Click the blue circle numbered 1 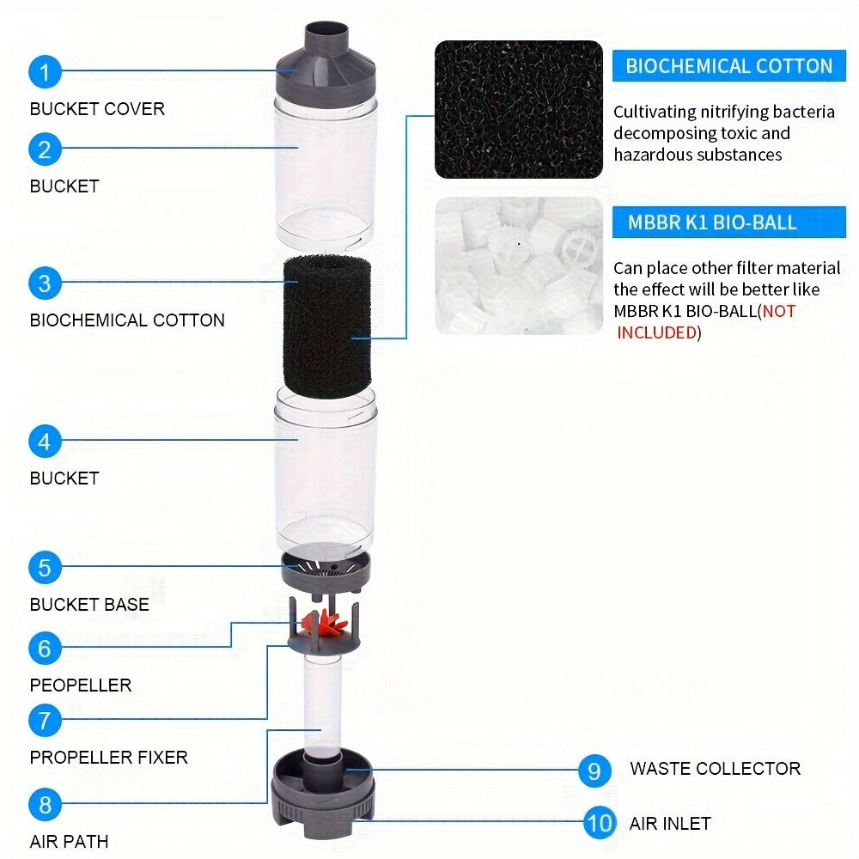click(45, 72)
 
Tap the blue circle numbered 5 click(45, 567)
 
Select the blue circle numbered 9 click(594, 770)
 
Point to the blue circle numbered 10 click(600, 823)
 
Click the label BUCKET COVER click(97, 109)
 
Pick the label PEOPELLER click(81, 685)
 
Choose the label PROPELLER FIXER click(108, 758)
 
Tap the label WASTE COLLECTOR click(715, 769)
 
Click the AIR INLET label click(670, 824)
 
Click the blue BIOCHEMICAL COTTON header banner click(728, 66)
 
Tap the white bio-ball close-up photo click(518, 266)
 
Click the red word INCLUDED click(656, 332)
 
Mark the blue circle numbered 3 click(45, 283)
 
